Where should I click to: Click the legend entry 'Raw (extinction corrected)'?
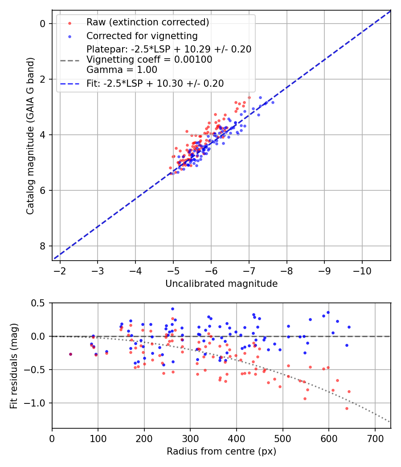147,22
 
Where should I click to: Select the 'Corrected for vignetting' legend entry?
142,36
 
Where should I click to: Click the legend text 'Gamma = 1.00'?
122,69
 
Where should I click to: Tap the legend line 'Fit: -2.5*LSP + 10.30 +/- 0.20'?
155,83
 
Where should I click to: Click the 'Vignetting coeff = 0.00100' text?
149,59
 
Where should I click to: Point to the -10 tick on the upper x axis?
362,270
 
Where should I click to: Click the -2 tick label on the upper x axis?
60,270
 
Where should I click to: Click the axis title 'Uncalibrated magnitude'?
221,284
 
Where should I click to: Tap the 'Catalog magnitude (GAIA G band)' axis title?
30,135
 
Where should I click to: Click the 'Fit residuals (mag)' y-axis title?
14,365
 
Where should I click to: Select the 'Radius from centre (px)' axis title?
221,451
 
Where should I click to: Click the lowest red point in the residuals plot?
347,408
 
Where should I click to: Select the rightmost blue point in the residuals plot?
349,327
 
